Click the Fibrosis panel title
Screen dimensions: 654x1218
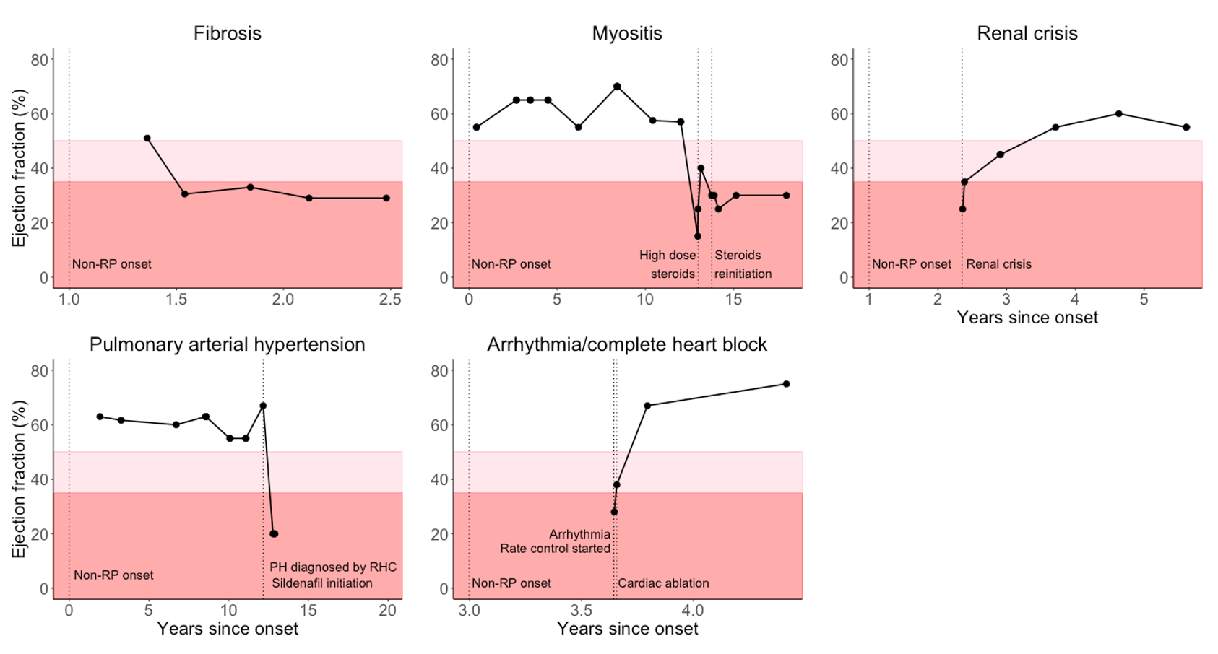coord(227,33)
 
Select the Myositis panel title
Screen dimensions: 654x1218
coord(626,33)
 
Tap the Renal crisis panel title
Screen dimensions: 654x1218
coord(1027,33)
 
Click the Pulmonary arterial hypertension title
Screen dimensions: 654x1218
coord(227,344)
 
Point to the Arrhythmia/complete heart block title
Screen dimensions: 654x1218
coord(626,344)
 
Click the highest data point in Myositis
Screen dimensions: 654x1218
coord(617,87)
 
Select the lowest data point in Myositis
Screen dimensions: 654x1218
coord(698,236)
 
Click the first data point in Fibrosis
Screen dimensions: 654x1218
coord(147,138)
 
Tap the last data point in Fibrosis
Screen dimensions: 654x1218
coord(386,198)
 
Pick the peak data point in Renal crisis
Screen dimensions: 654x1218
coord(1118,114)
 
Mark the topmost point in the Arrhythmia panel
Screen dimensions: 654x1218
coord(786,384)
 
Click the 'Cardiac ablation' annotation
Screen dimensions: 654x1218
coord(663,583)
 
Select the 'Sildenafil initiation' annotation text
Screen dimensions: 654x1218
coord(322,583)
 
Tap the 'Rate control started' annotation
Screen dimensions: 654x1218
coord(555,549)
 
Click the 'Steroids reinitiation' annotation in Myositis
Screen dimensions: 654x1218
coord(743,265)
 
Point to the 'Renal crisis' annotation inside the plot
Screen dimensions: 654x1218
coord(998,264)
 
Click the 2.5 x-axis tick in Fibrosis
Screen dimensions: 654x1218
coord(390,300)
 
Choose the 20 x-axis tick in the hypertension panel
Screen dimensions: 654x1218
coord(387,611)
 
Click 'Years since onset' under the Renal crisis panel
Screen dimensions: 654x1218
coord(1027,318)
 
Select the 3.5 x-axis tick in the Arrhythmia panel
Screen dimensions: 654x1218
coord(581,611)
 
